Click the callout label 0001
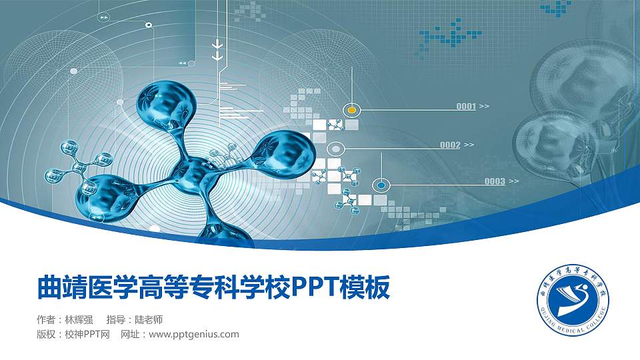pos(466,106)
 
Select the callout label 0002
pos(450,145)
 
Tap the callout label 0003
pos(495,181)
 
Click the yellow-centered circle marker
pos(351,109)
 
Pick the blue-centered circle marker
pos(381,184)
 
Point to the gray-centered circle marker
pos(336,148)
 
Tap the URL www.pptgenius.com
pos(193,334)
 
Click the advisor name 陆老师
pos(149,319)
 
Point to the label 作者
pos(47,319)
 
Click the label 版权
pos(47,334)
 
